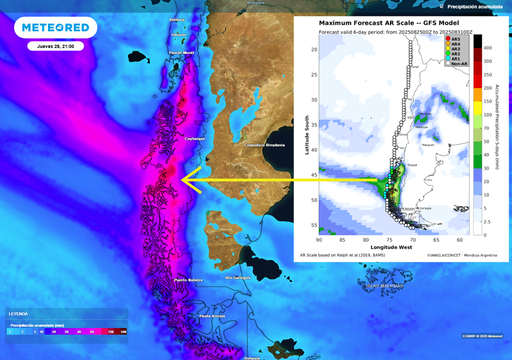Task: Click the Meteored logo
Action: pos(55,27)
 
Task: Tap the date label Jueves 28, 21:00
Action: pos(55,46)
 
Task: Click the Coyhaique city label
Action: pos(195,138)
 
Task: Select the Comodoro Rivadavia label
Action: pos(264,145)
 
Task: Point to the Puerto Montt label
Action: pos(181,53)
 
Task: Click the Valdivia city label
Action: pos(177,19)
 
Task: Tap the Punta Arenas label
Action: pos(212,316)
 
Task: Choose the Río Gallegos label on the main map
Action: pos(237,277)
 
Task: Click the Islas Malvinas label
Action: pos(384,286)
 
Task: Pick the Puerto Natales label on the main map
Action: pos(188,280)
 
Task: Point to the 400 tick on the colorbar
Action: pos(488,47)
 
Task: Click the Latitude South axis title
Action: pos(307,135)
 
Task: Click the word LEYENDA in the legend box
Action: pos(19,313)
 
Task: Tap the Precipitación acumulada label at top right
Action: pos(474,7)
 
